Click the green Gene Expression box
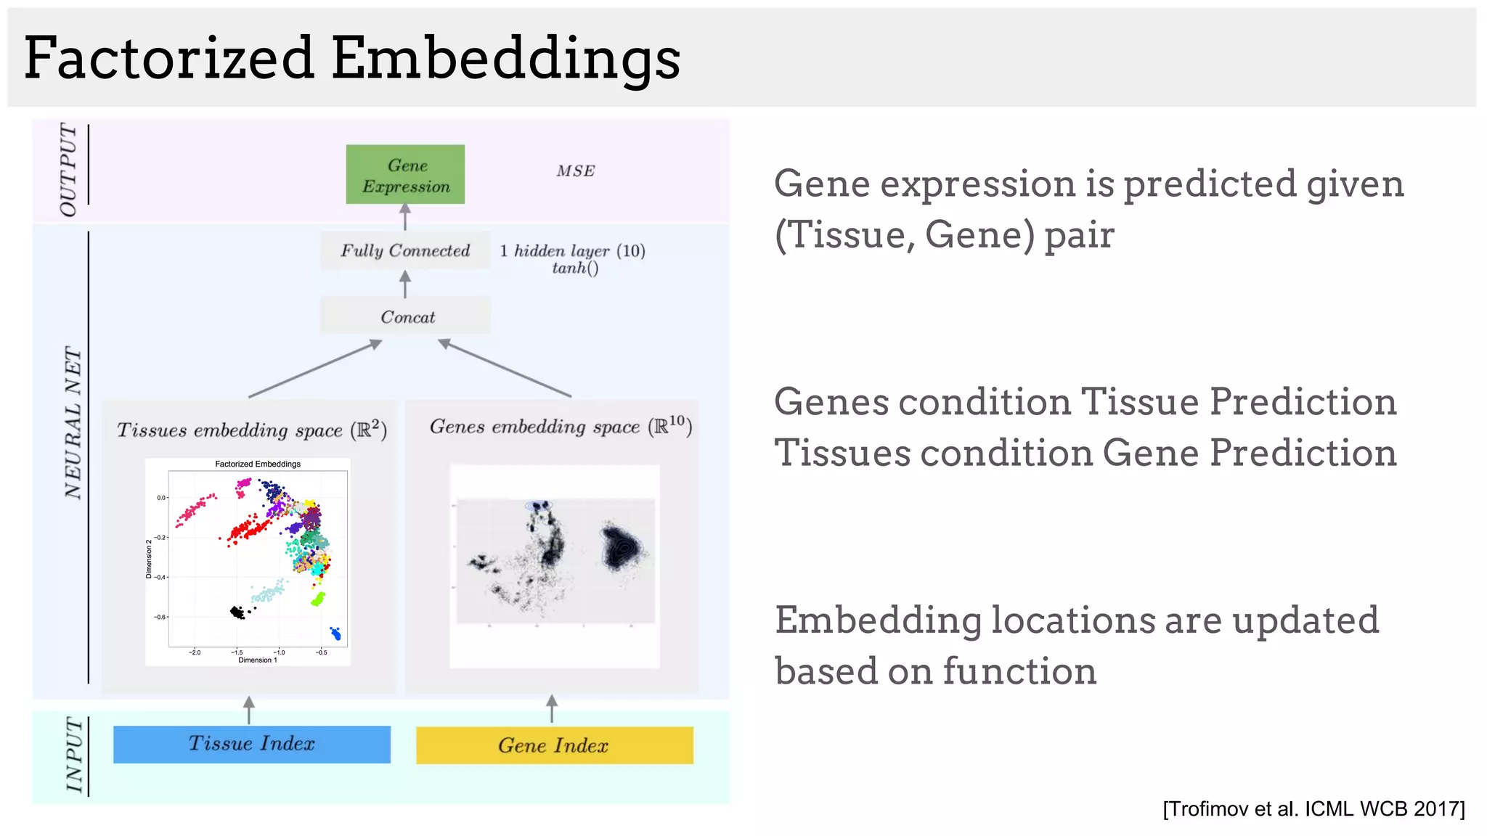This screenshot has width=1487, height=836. [x=405, y=175]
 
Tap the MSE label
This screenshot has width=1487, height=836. [x=576, y=171]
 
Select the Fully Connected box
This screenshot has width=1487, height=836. [x=405, y=250]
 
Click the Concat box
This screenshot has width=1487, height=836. [x=406, y=316]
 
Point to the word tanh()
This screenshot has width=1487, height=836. [x=575, y=269]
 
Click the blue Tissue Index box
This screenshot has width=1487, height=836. [x=251, y=744]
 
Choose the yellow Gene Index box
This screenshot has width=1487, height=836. [x=554, y=745]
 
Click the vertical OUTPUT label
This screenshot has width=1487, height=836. [x=68, y=169]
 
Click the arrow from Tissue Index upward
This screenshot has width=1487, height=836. [x=249, y=710]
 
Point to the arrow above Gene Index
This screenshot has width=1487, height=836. [x=552, y=708]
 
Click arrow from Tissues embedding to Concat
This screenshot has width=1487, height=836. [x=315, y=369]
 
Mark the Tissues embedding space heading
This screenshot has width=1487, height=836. [x=251, y=430]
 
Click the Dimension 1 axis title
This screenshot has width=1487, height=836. [x=258, y=660]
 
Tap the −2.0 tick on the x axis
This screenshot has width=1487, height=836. [x=195, y=652]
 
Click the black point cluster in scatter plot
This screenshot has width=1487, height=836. [x=237, y=612]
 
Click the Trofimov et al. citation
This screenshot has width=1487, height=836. [x=1313, y=808]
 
